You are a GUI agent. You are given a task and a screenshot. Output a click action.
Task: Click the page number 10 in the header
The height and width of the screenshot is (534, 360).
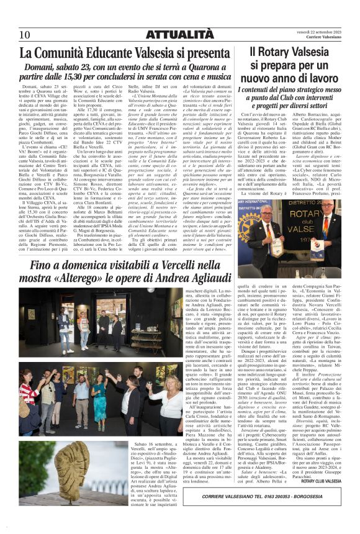(x=25, y=35)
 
